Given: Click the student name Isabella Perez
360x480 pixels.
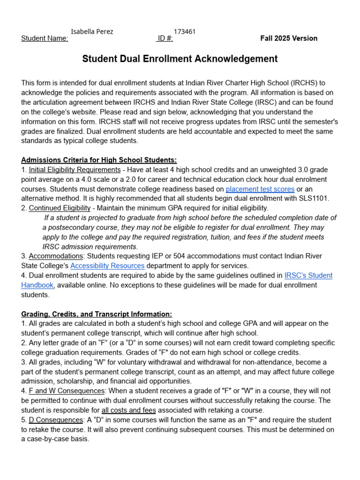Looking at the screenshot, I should point(92,32).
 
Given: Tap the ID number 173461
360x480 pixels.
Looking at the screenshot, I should point(185,32).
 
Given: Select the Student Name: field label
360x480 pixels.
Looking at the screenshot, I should point(45,38).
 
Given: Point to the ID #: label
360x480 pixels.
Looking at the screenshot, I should point(165,38).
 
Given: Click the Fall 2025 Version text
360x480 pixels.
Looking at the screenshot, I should point(289,38).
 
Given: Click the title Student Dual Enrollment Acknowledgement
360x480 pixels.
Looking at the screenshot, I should point(180,59).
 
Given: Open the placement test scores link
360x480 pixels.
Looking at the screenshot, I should point(260,189).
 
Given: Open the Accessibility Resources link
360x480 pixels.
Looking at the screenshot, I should point(107,266).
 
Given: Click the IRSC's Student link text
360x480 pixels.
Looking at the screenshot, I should point(308,275).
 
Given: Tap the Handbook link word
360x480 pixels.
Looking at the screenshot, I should point(37,285).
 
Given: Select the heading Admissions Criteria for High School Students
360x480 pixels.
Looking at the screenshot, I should point(99,160).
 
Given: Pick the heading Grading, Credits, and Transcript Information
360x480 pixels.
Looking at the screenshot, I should point(97,314).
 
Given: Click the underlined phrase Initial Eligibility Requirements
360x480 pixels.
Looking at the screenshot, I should point(75,170).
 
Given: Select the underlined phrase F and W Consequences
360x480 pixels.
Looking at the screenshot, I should point(67,390).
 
